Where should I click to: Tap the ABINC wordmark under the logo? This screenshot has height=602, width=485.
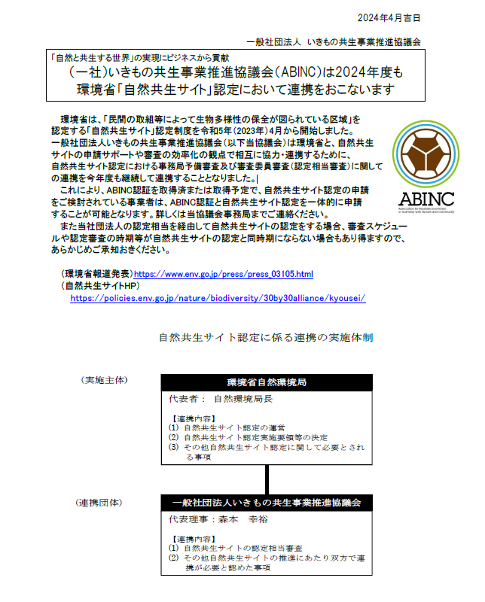pos(426,199)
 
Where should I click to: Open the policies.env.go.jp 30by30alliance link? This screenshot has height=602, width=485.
pos(218,297)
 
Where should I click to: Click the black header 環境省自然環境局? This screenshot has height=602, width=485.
pos(267,382)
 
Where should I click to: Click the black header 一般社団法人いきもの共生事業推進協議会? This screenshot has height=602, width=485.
pos(267,502)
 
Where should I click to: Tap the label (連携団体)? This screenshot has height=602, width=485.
pos(102,501)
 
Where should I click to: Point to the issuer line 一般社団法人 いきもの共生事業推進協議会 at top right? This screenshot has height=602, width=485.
pos(334,42)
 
